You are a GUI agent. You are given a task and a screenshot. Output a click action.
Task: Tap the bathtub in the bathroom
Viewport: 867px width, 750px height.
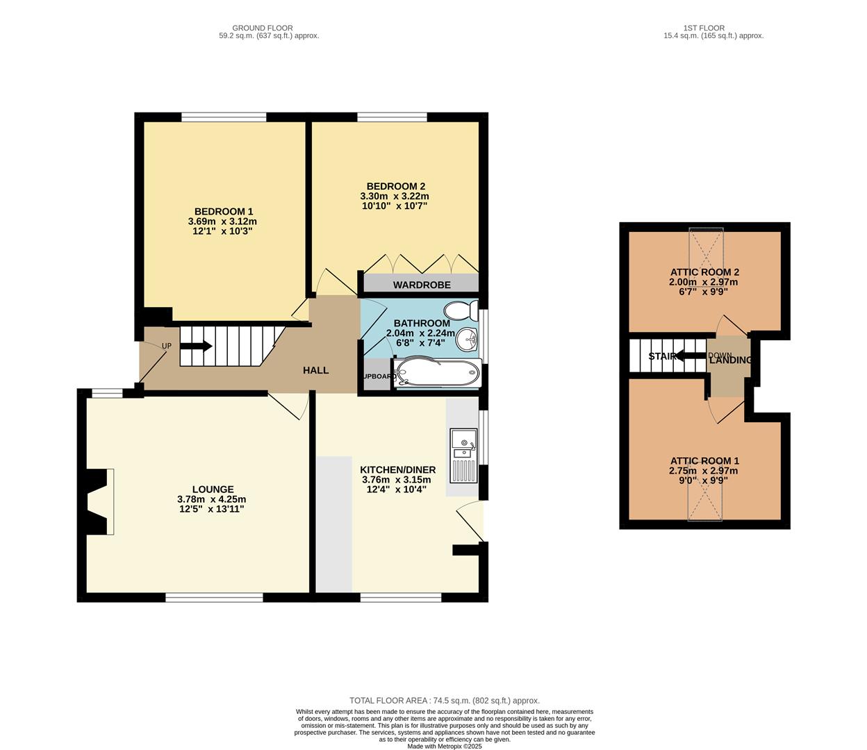[437, 373]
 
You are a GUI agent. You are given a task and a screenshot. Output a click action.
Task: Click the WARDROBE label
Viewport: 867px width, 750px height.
[422, 285]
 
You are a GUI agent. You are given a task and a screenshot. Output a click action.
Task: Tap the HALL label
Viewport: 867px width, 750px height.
[315, 370]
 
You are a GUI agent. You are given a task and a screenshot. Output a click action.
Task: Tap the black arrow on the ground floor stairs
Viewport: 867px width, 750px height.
[197, 346]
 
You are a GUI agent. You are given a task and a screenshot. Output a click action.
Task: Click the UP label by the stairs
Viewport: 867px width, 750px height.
[167, 346]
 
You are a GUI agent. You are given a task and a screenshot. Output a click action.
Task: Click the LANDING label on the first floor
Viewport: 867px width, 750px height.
[730, 360]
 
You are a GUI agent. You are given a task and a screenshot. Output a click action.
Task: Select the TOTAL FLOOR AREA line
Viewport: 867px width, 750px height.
[445, 701]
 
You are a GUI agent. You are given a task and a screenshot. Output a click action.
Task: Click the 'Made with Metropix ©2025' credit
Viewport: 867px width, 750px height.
[445, 746]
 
